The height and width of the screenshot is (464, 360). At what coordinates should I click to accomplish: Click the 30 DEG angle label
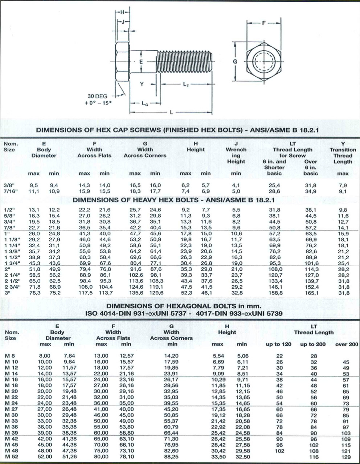click(98, 96)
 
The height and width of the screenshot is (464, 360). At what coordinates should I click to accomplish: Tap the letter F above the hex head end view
click(264, 23)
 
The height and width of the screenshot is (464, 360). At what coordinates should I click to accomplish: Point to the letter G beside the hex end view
click(235, 61)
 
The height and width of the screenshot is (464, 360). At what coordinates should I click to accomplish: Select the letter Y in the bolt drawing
click(142, 84)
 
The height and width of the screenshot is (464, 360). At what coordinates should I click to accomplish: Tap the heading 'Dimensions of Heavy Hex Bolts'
click(173, 200)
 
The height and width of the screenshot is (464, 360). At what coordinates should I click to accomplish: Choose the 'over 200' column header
click(346, 344)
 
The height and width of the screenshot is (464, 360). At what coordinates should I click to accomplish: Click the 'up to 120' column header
click(278, 344)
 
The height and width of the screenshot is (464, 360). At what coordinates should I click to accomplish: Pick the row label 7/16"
click(11, 191)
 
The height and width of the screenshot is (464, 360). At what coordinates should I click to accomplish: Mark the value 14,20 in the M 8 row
click(171, 356)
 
